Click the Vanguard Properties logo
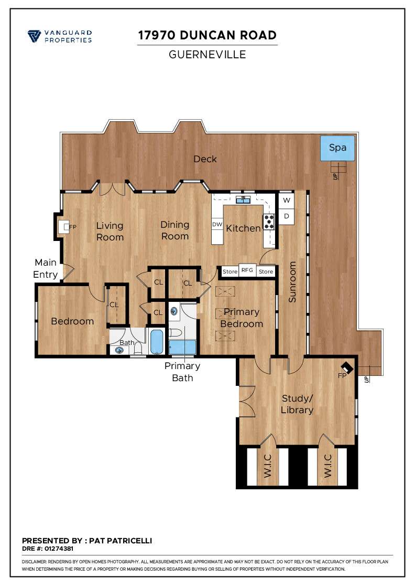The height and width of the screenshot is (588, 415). click(60, 36)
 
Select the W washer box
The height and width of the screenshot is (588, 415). click(286, 200)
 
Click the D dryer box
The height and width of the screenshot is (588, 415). click(286, 216)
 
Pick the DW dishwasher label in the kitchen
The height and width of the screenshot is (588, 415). click(217, 224)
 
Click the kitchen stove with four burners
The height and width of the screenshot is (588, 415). click(269, 222)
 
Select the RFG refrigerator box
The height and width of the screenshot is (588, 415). click(247, 271)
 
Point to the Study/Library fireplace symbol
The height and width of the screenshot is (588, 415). click(347, 368)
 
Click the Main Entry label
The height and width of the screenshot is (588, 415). click(46, 268)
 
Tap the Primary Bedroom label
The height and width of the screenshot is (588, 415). click(241, 318)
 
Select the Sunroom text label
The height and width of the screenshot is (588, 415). click(292, 282)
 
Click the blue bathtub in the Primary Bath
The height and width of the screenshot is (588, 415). click(182, 348)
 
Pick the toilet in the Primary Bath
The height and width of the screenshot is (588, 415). click(176, 332)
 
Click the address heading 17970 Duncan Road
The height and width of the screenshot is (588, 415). click(207, 35)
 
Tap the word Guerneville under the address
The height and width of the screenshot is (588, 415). click(207, 55)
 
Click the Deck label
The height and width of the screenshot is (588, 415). click(205, 159)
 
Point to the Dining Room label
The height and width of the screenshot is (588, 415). click(174, 230)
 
